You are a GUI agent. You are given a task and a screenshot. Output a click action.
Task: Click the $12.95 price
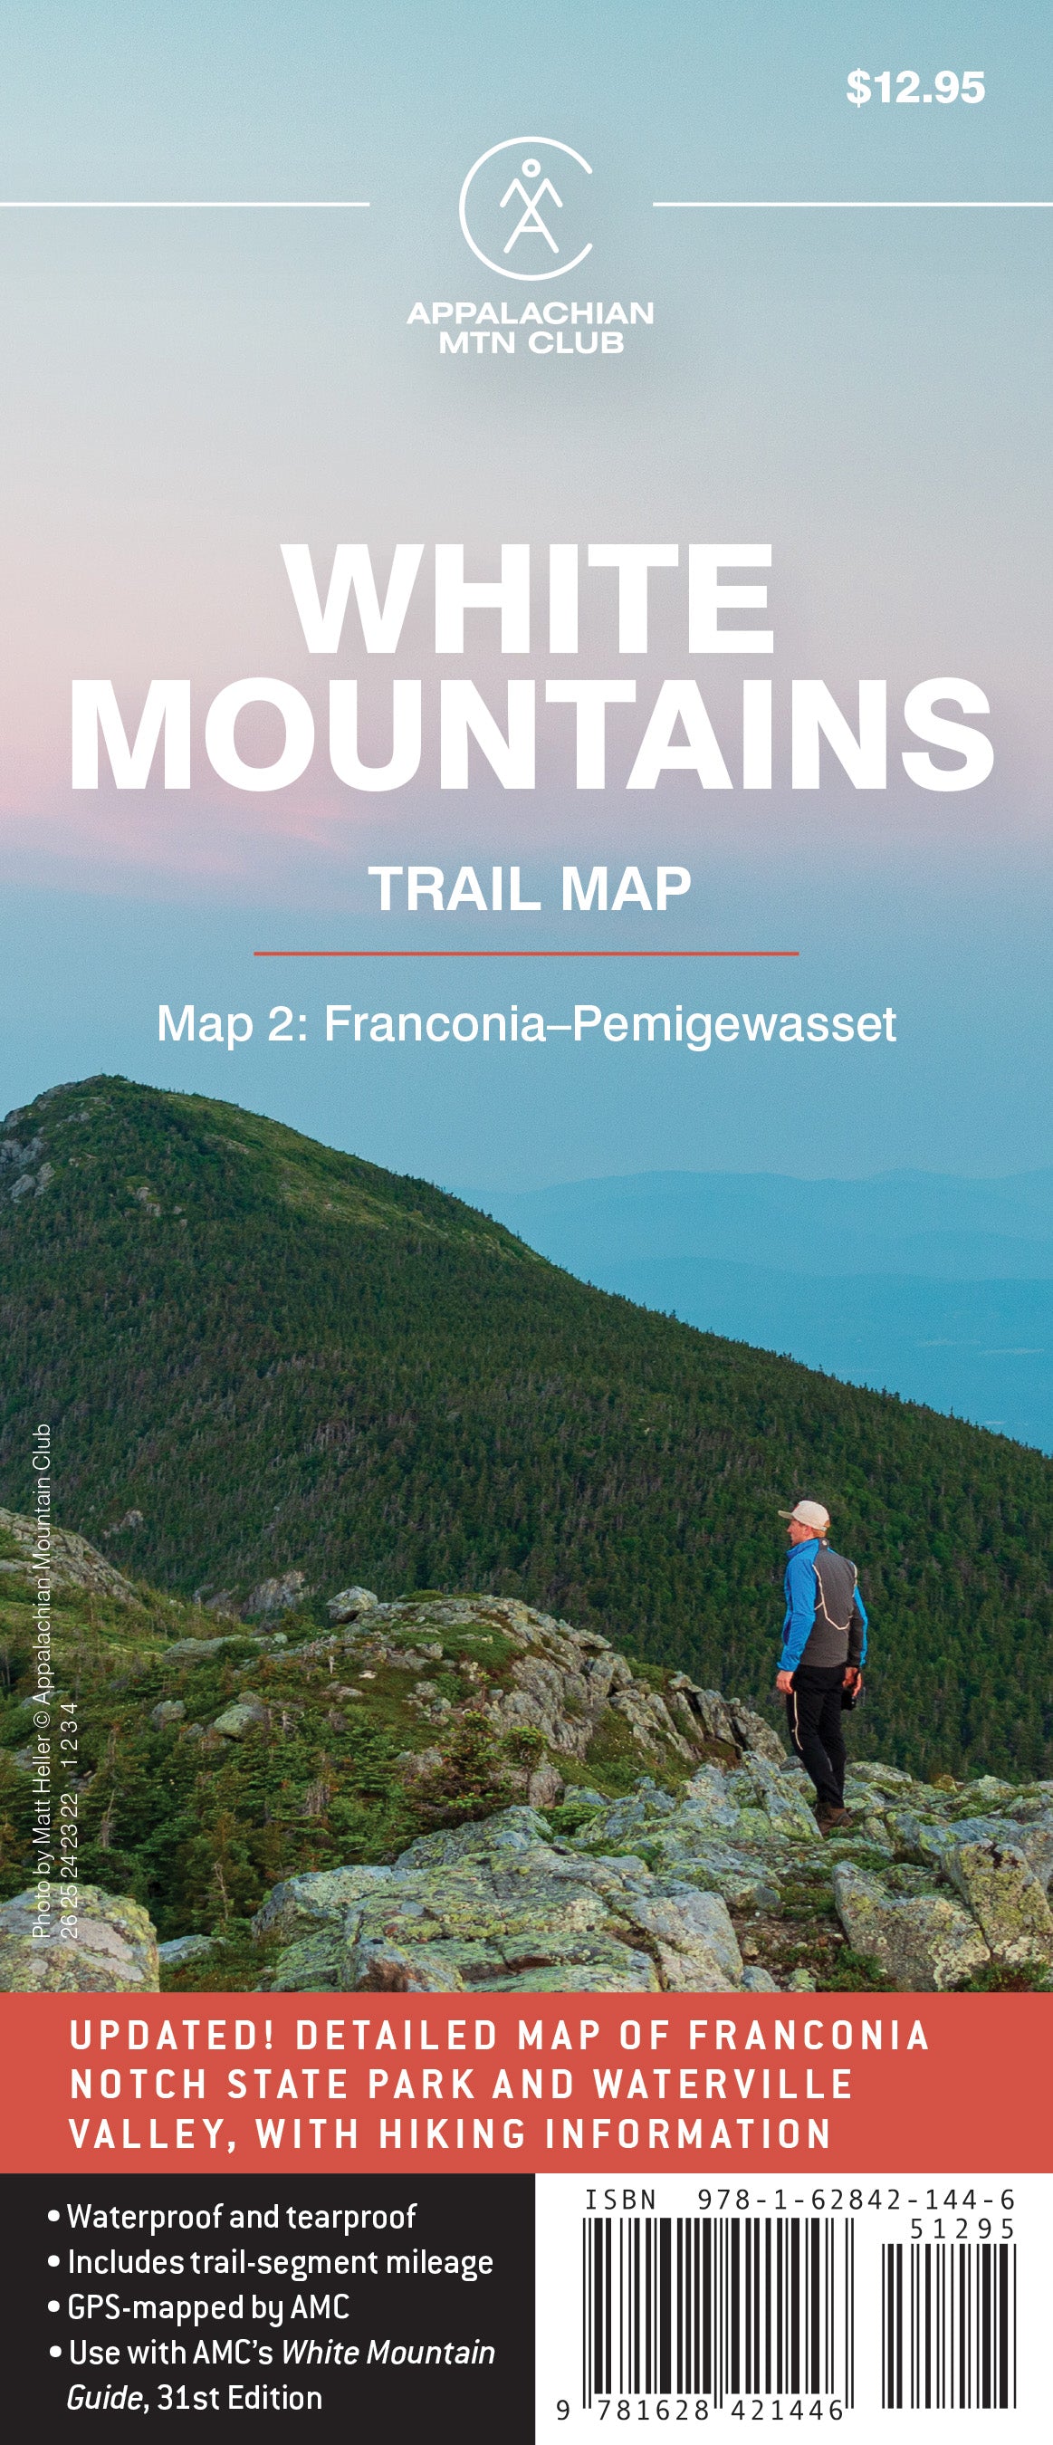point(914,87)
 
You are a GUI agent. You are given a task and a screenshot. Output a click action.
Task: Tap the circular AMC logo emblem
point(528,208)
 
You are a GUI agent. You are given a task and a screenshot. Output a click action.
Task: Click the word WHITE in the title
point(529,599)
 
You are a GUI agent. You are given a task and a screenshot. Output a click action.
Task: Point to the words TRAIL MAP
point(530,889)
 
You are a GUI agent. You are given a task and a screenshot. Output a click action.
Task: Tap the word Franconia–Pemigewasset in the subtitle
point(610,1024)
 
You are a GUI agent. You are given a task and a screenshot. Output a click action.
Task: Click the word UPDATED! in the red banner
point(172,2036)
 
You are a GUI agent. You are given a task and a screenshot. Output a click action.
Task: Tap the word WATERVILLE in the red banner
point(723,2085)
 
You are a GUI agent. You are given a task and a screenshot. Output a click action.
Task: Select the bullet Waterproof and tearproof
point(241,2216)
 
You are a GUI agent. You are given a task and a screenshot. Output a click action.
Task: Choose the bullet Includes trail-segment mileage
point(280,2262)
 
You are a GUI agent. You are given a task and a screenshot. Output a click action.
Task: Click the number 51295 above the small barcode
point(962,2228)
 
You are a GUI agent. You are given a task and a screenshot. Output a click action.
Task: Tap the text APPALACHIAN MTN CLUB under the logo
point(531,328)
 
